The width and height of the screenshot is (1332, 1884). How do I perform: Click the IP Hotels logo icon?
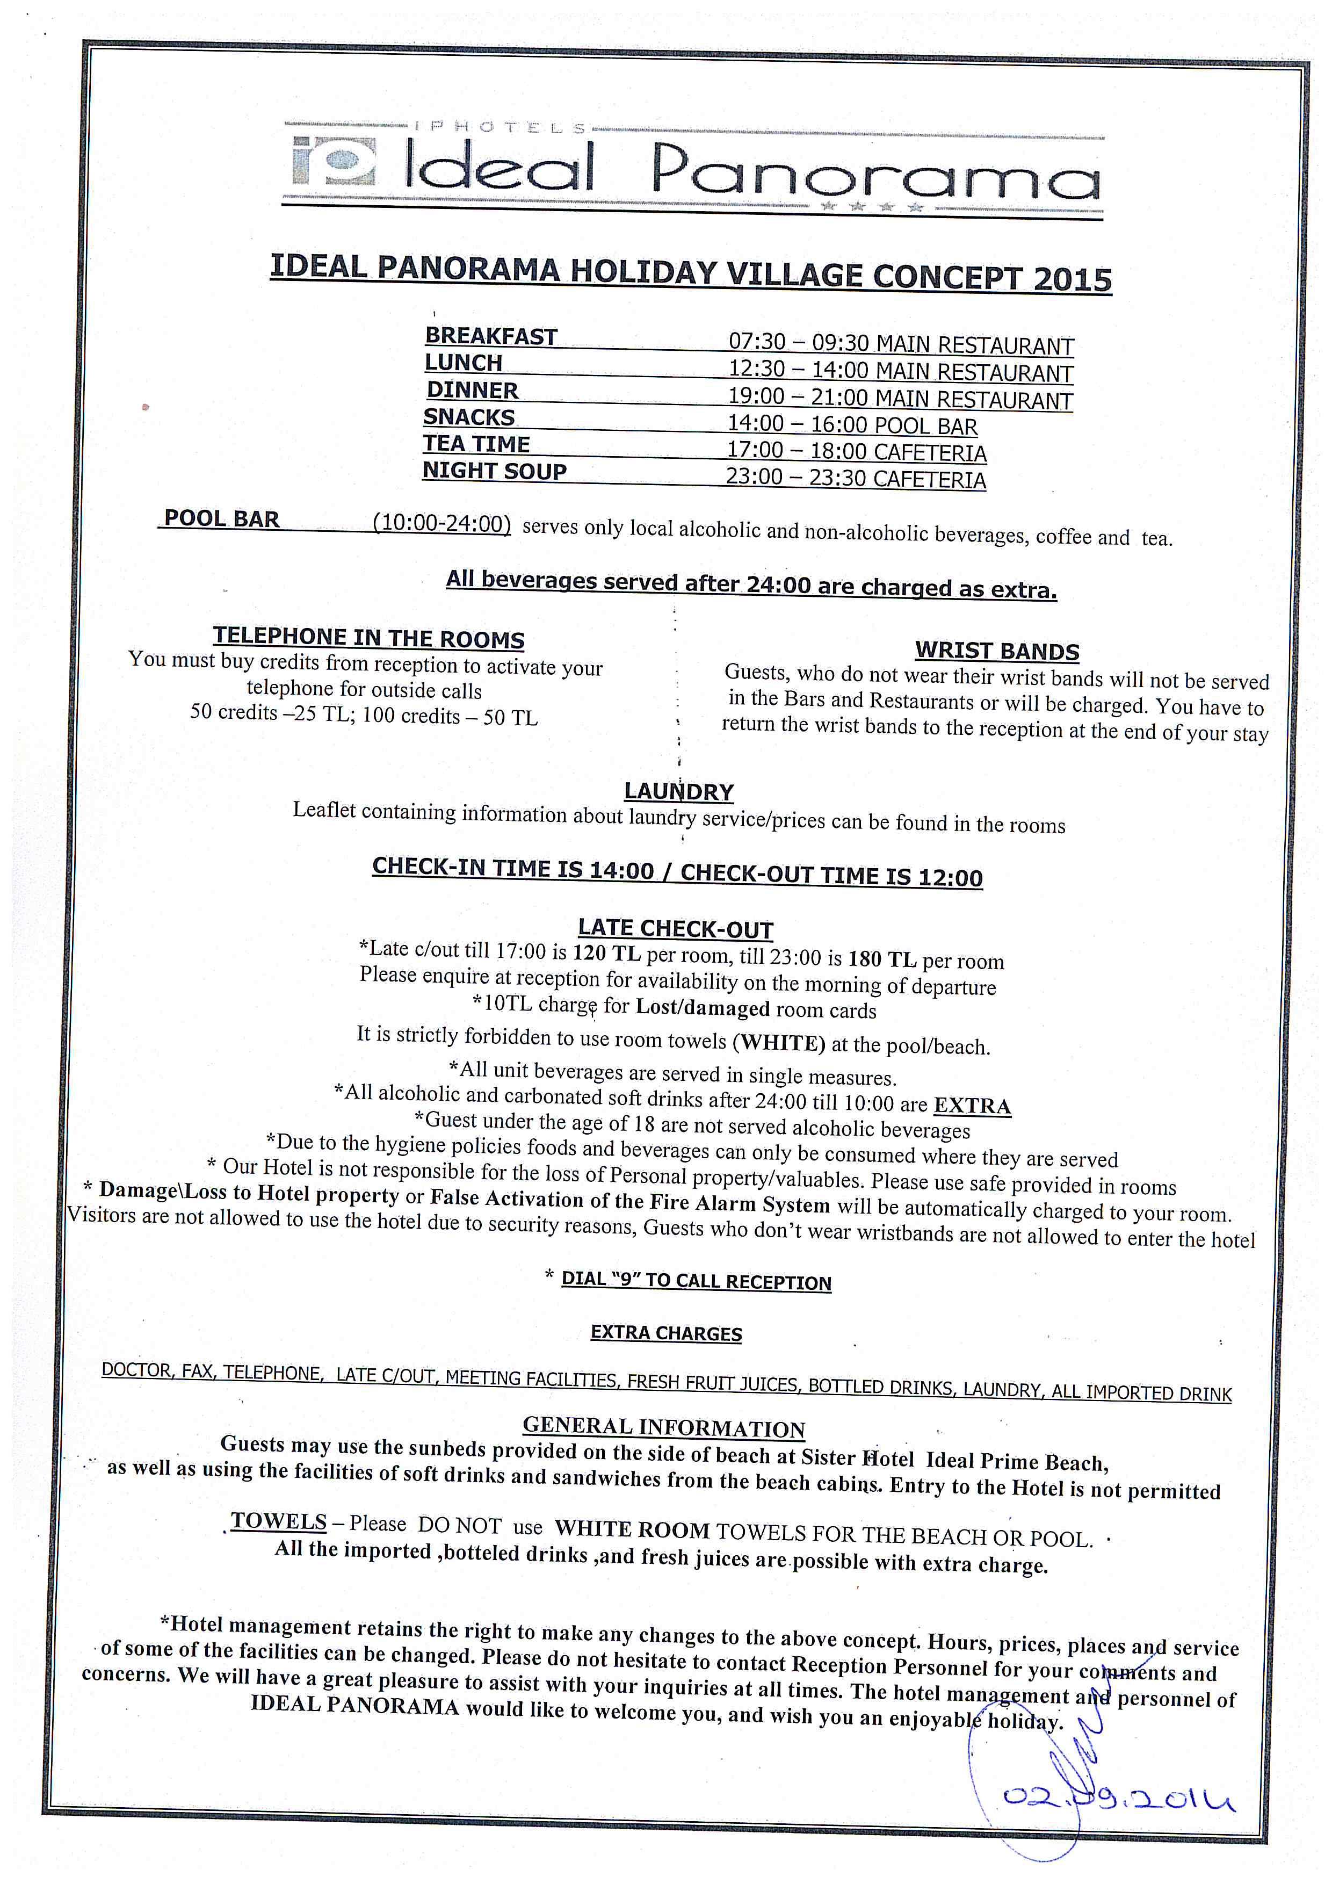coord(334,162)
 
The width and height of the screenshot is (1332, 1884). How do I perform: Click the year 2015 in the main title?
coord(1072,280)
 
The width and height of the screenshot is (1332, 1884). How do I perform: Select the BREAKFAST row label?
coord(490,336)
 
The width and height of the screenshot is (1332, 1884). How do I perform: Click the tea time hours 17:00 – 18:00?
coord(795,451)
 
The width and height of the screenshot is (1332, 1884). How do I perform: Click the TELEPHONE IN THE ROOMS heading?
coord(368,638)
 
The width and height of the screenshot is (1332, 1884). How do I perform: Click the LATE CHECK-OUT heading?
coord(675,928)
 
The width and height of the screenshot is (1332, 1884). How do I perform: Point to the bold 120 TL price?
coord(606,954)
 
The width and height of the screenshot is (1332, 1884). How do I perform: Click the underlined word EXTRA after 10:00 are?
coord(972,1105)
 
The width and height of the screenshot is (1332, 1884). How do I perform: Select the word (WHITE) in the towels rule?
coord(778,1042)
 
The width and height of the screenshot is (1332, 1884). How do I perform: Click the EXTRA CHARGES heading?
coord(666,1333)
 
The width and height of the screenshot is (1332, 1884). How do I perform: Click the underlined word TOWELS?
coord(279,1520)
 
